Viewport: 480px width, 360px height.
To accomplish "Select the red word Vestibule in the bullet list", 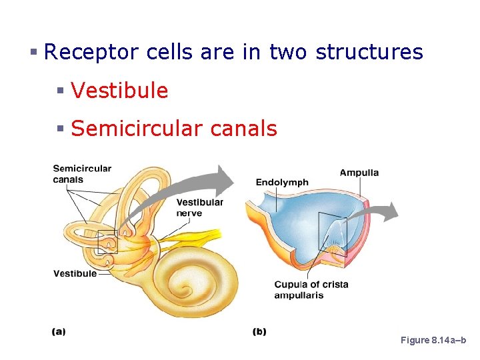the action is [119, 91].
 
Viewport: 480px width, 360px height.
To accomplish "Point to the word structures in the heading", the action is [369, 52].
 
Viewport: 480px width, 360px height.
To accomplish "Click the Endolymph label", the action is [282, 182].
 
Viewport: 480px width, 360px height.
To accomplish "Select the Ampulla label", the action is [359, 173].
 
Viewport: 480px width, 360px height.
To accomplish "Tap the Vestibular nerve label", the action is [199, 207].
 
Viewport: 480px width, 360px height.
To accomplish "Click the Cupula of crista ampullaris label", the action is [311, 289].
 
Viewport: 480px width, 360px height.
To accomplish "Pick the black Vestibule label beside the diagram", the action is [75, 273].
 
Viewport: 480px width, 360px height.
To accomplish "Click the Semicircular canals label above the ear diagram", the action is [82, 173].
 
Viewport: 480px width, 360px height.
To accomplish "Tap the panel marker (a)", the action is [59, 331].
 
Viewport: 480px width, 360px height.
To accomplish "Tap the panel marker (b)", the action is [259, 331].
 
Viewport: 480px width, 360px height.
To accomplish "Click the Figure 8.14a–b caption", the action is [433, 340].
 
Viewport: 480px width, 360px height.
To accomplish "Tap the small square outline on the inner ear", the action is [107, 241].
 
